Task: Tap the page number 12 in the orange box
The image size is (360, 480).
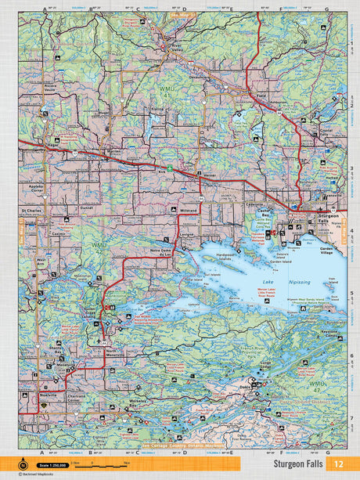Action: [337, 464]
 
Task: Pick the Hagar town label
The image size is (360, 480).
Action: [53, 146]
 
